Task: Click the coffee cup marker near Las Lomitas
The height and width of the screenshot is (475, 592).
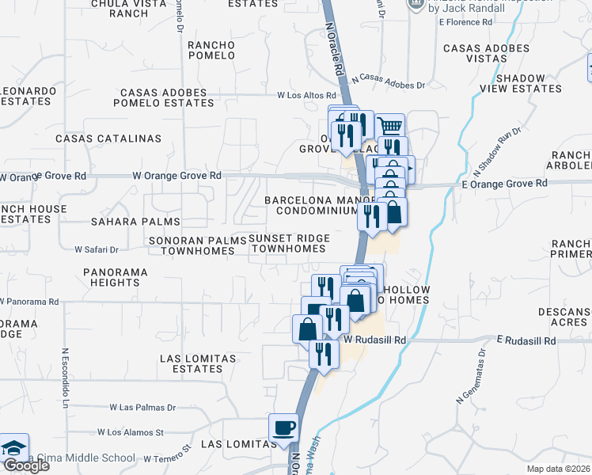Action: coord(284,429)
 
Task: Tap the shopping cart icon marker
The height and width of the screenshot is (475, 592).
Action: coord(389,126)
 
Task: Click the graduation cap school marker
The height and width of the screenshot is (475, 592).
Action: coord(13,449)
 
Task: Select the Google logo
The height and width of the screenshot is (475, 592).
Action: coord(25,465)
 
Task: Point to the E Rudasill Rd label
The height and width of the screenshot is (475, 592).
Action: coord(526,340)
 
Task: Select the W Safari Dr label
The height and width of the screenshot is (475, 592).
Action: coord(97,249)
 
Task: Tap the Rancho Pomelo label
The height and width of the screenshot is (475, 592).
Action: coord(211,50)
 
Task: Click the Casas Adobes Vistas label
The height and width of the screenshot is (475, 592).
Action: coord(487,54)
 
